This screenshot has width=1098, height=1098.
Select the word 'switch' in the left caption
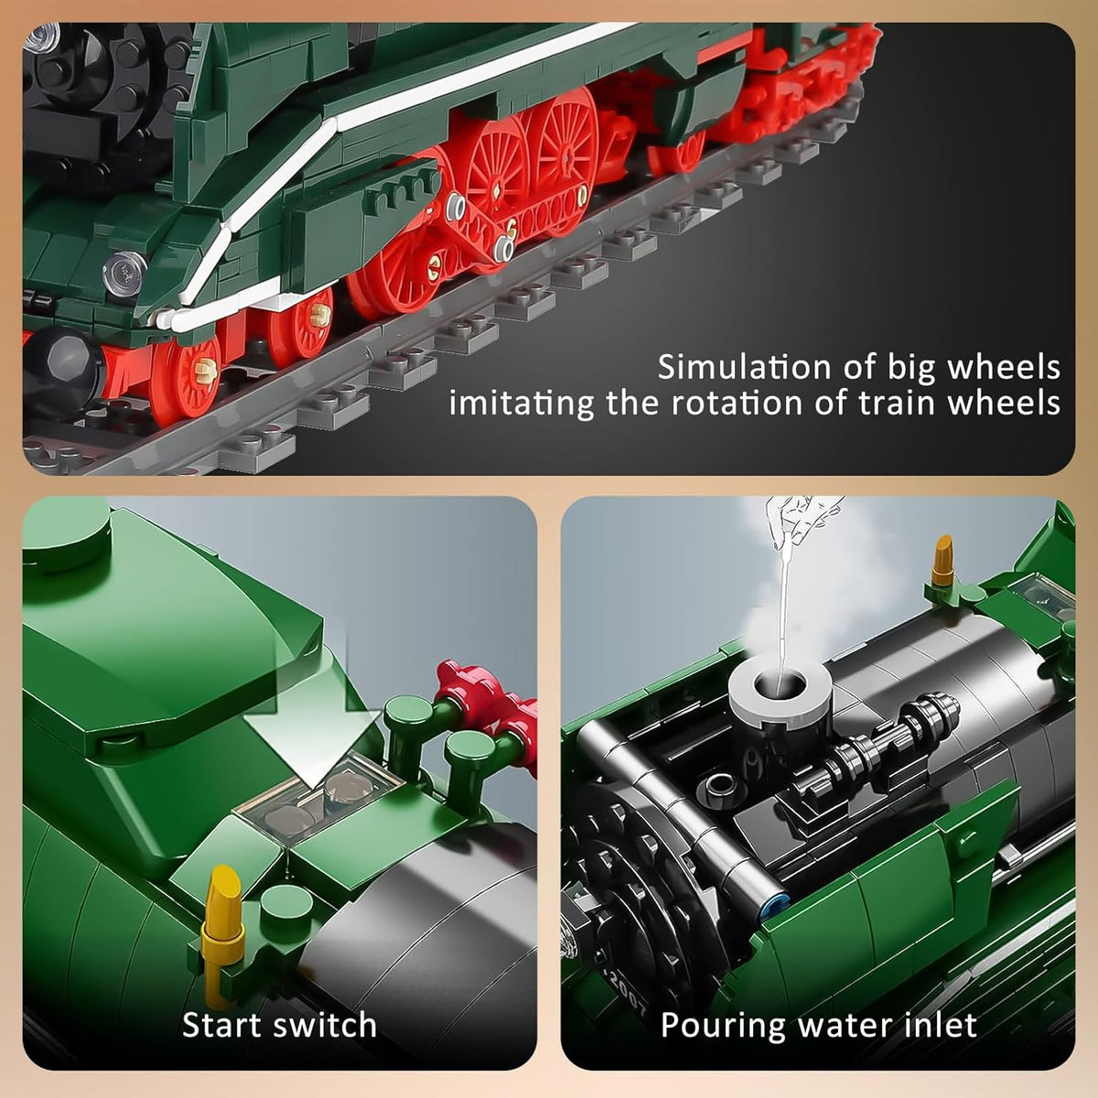pyautogui.click(x=326, y=1025)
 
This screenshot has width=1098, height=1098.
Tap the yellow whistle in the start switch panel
pyautogui.click(x=224, y=907)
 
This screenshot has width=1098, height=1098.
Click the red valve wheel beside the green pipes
pyautogui.click(x=457, y=682)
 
